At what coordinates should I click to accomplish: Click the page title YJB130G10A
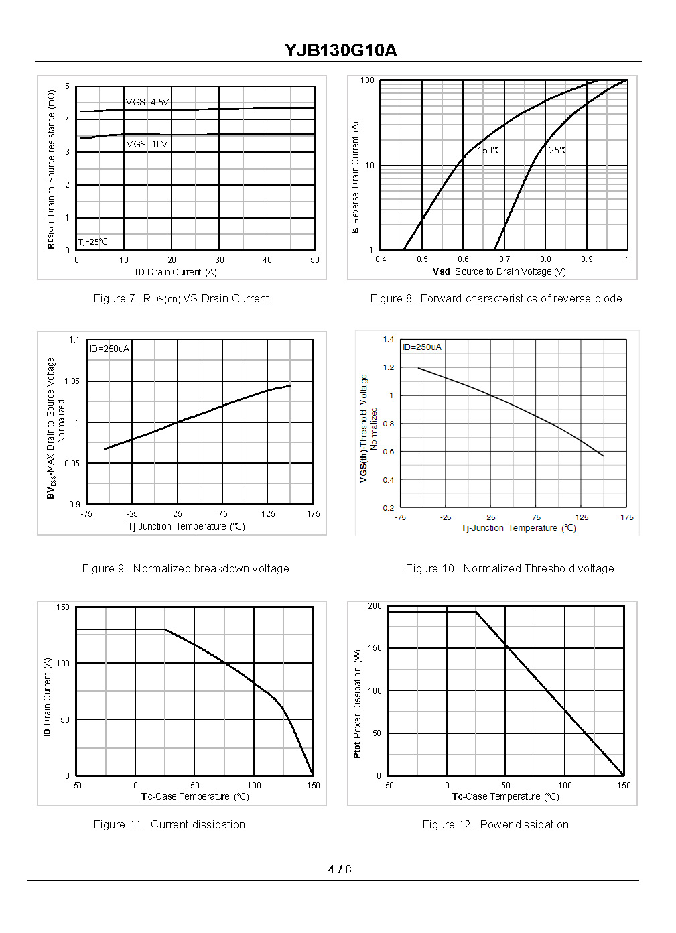[340, 50]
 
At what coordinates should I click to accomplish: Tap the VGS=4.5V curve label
[147, 102]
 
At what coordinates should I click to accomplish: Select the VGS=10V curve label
[147, 144]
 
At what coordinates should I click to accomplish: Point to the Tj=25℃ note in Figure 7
[92, 242]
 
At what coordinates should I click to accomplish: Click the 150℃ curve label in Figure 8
[489, 150]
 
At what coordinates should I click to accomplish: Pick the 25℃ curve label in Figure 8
[558, 150]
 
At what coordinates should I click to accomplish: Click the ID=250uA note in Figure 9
[109, 349]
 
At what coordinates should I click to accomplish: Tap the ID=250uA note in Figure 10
[422, 347]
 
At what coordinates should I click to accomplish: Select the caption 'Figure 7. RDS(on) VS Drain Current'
[181, 299]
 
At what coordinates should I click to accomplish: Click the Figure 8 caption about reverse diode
[496, 299]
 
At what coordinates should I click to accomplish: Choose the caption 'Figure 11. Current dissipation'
[169, 825]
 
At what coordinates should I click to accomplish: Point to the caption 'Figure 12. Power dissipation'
[495, 825]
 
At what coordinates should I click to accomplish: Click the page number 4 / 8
[340, 869]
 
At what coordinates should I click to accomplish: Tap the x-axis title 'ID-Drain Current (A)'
[176, 272]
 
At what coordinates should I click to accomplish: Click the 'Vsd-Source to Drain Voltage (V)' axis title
[499, 271]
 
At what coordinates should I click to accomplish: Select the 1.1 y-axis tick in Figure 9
[74, 340]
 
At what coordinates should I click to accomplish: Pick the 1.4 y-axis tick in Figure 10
[389, 339]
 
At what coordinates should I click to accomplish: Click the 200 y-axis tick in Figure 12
[375, 606]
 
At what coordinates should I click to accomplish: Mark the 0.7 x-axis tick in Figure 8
[504, 259]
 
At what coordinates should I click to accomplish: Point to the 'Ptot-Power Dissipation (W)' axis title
[357, 704]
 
